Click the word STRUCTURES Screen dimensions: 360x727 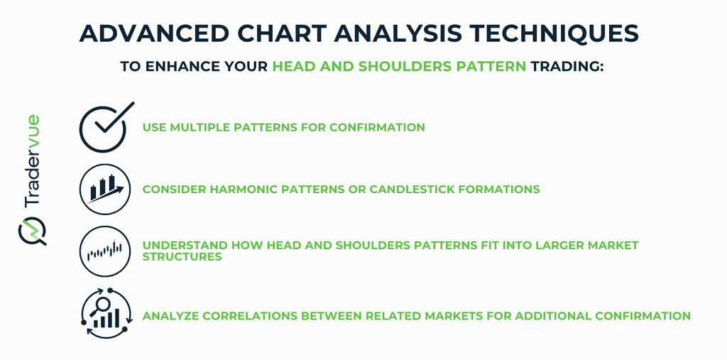(x=182, y=256)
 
